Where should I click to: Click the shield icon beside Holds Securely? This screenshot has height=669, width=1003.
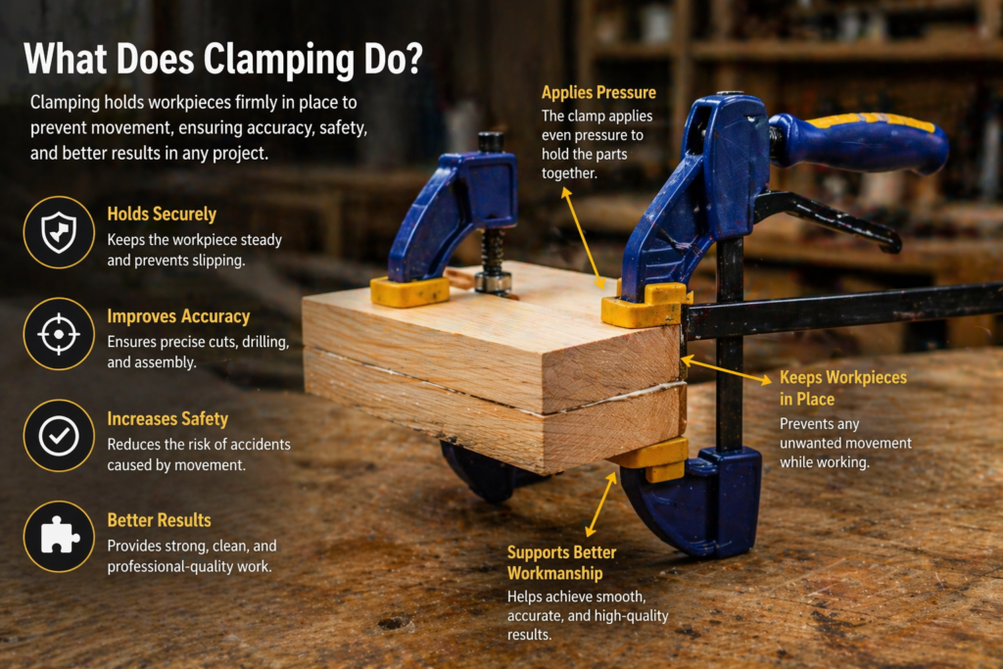59,232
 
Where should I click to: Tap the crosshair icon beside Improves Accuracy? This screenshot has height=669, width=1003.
59,334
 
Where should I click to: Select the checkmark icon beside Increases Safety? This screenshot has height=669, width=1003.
59,436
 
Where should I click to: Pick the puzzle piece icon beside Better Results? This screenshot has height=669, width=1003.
59,537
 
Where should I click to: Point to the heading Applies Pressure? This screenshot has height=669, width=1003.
598,93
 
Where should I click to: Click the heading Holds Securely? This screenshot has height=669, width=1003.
162,214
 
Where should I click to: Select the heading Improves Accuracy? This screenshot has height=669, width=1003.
178,316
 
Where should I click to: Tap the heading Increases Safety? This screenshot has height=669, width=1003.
167,418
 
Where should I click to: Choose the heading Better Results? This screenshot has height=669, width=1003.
159,520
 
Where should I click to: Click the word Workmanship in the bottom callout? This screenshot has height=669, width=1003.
554,573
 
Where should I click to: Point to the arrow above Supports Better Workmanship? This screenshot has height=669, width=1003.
601,504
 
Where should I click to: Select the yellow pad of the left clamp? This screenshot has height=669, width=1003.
408,291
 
